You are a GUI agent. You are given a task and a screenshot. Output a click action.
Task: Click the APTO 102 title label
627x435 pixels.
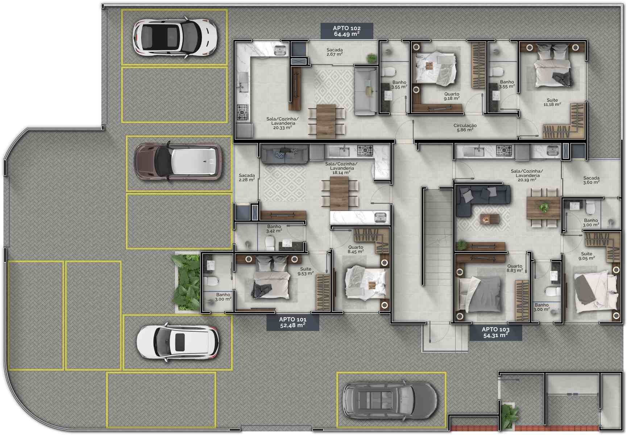pyautogui.click(x=347, y=31)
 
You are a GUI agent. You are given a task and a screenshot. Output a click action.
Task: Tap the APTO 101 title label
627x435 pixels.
pyautogui.click(x=293, y=322)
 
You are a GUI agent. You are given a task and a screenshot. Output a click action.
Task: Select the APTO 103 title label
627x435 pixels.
pyautogui.click(x=495, y=332)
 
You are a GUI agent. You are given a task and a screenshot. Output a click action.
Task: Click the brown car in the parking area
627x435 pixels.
pyautogui.click(x=178, y=161)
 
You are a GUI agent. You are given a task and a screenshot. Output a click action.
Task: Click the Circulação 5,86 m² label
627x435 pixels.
pyautogui.click(x=465, y=128)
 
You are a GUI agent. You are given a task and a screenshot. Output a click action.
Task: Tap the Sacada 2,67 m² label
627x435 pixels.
pyautogui.click(x=335, y=52)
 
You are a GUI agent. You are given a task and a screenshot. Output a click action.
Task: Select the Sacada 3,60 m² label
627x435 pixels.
pyautogui.click(x=591, y=180)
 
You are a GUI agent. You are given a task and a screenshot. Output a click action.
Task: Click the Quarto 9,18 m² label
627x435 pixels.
pyautogui.click(x=452, y=96)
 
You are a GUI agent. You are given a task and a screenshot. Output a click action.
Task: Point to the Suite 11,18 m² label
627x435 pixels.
pyautogui.click(x=552, y=102)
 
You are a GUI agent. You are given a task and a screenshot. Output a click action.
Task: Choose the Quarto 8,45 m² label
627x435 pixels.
pyautogui.click(x=356, y=249)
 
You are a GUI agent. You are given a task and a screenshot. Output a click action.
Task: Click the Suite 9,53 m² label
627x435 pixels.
pyautogui.click(x=306, y=271)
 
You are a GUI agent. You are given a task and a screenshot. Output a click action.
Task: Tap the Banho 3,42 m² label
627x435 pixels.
pyautogui.click(x=274, y=229)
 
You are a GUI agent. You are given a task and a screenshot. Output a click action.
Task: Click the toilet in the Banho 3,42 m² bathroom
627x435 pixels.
pyautogui.click(x=270, y=243)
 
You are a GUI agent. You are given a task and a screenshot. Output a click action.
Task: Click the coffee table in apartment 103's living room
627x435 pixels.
pyautogui.click(x=489, y=219)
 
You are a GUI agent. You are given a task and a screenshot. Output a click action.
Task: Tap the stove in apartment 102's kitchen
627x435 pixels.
pyautogui.click(x=243, y=112)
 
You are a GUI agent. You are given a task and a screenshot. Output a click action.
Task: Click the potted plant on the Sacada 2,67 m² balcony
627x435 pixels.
pyautogui.click(x=371, y=58)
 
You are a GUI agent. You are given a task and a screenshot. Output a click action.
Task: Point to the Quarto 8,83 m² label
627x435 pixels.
pyautogui.click(x=515, y=268)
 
